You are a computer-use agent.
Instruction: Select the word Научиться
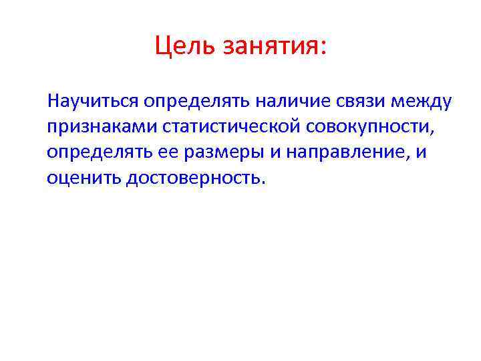coord(92,102)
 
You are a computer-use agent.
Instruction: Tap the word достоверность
coord(193,178)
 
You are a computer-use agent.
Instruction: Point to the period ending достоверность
coord(263,183)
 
